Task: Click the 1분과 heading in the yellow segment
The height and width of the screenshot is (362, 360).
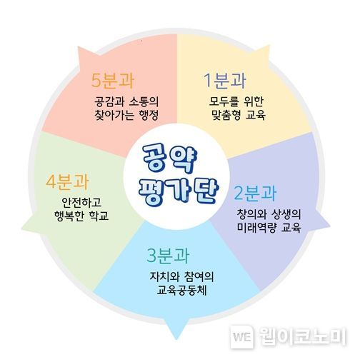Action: click(225, 81)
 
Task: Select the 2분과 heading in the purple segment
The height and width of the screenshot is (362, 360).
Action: click(256, 193)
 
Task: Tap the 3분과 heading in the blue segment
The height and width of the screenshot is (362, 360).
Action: click(168, 256)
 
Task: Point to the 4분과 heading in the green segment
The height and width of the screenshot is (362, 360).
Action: click(67, 182)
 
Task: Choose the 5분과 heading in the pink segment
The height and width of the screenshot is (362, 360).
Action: click(113, 80)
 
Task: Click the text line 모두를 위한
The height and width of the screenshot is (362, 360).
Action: click(236, 101)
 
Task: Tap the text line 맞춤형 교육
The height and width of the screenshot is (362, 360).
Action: click(239, 115)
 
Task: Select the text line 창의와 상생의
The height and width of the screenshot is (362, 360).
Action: click(269, 214)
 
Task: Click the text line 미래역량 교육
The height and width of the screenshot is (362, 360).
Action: click(269, 227)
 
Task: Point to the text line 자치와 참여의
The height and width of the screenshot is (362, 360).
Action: click(181, 276)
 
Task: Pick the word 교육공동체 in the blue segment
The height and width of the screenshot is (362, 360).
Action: click(181, 290)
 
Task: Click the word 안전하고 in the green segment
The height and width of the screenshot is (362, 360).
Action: click(81, 202)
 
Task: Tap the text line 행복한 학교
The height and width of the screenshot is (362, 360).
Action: click(81, 216)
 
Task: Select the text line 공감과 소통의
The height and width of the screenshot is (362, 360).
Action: click(126, 101)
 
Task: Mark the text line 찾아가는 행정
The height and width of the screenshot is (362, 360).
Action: click(126, 115)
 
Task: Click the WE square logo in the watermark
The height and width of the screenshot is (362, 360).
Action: click(241, 336)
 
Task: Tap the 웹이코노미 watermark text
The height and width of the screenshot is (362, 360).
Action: click(302, 336)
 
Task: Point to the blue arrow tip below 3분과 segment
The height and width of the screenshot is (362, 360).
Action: click(176, 339)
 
